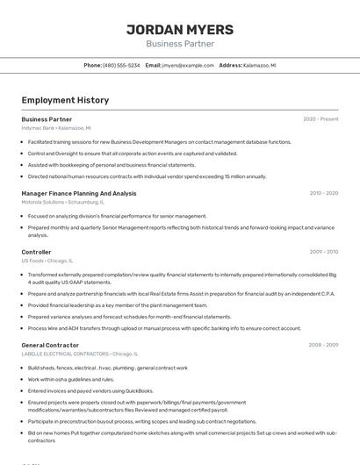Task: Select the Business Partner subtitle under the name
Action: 180,43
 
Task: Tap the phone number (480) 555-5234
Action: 121,65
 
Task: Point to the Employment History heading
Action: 65,100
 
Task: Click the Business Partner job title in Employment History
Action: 47,119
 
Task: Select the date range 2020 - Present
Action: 320,119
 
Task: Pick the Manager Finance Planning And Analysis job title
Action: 79,193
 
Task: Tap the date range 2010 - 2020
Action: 323,193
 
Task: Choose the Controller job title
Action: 36,252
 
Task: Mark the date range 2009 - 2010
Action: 323,252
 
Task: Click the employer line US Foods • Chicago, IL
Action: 47,260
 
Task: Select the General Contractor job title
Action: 50,345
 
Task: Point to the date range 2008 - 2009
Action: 323,345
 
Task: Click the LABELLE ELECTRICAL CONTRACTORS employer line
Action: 72,353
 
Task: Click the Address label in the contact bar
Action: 230,65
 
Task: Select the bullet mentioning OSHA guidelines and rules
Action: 71,379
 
